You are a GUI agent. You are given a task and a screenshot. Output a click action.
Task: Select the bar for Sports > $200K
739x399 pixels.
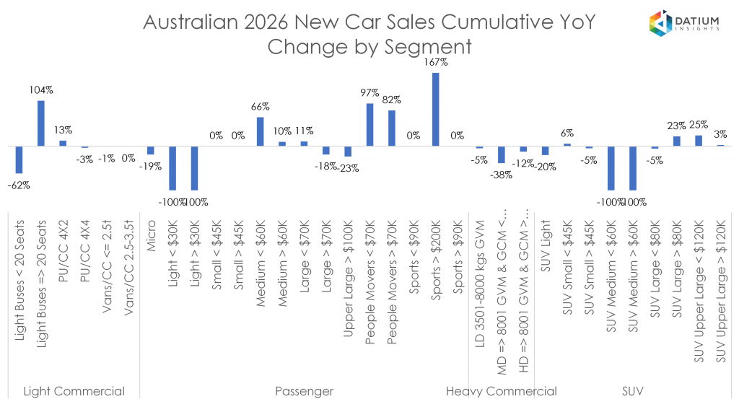435,109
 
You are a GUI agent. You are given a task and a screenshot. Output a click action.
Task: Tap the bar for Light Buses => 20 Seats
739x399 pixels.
41,123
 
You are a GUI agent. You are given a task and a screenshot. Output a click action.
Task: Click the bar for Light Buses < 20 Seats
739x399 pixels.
19,159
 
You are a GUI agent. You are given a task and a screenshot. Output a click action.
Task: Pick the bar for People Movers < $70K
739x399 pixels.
369,125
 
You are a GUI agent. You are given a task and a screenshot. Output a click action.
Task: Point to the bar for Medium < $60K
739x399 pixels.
260,131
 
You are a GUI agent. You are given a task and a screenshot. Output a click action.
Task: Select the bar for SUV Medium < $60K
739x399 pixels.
611,168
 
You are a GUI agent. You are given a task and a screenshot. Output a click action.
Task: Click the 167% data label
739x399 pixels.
435,63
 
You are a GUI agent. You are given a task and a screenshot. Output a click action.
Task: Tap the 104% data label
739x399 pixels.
41,90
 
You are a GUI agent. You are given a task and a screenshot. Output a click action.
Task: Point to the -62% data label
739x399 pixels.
19,185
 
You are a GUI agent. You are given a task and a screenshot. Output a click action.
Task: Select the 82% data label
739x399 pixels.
391,100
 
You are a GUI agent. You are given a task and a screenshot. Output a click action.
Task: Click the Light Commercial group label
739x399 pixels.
74,391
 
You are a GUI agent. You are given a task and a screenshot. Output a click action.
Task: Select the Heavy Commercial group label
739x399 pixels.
501,391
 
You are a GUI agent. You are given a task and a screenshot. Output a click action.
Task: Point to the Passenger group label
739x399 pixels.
304,391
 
